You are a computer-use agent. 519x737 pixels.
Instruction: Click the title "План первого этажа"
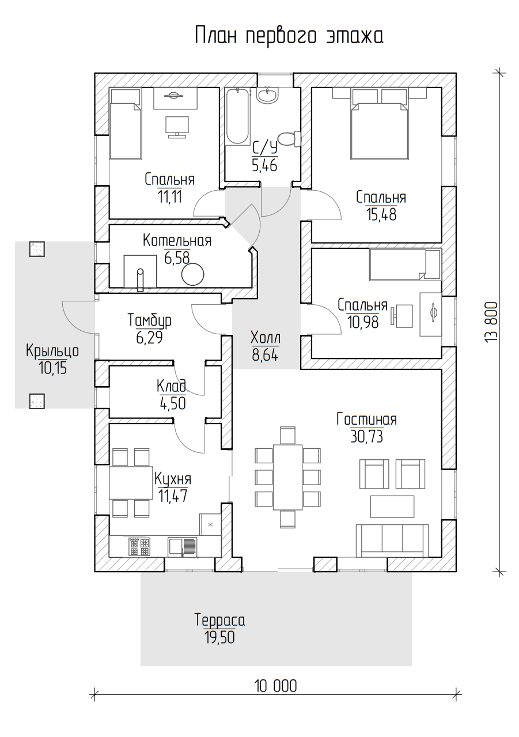click(x=289, y=36)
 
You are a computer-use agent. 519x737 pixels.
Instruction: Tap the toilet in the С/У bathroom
click(x=289, y=139)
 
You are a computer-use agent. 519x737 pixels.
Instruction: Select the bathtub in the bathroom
click(x=238, y=116)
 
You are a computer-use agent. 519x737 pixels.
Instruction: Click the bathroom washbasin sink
click(x=267, y=96)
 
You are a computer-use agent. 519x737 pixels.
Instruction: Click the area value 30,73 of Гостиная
click(x=367, y=437)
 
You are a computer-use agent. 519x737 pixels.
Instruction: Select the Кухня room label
click(x=173, y=479)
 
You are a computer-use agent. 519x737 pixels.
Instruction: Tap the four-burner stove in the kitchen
click(x=139, y=547)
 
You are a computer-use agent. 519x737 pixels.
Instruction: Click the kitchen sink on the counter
click(x=183, y=547)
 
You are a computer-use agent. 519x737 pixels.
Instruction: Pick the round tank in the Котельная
click(x=193, y=274)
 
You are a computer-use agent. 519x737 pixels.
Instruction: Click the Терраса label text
click(x=219, y=621)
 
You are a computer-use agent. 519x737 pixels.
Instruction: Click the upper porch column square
click(x=37, y=249)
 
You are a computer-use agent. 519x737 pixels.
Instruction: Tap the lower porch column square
click(x=37, y=401)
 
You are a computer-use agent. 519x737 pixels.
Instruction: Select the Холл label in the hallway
click(x=265, y=338)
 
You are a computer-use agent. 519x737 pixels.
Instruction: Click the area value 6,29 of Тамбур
click(x=149, y=338)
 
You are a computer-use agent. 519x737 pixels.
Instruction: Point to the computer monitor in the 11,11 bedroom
click(x=177, y=127)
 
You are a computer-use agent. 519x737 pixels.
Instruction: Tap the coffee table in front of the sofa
click(x=392, y=507)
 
